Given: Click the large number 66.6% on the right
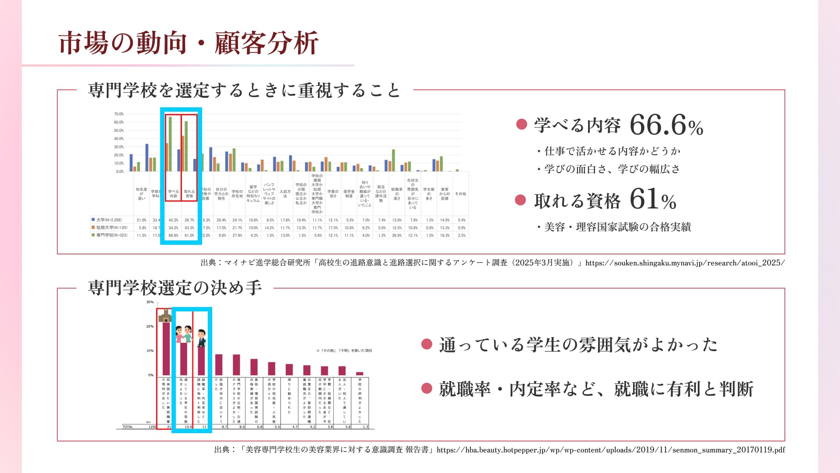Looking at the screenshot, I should point(666,125).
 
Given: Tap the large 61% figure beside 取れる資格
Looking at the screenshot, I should point(653,199).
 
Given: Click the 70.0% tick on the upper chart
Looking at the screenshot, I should point(119,114).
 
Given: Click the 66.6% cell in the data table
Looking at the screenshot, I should point(173,235).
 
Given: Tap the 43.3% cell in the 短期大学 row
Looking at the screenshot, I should point(189,228).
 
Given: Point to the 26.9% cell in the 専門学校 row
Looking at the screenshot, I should point(397,235).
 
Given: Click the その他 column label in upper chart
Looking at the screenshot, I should point(460,194).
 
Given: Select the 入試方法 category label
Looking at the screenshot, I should point(285,194).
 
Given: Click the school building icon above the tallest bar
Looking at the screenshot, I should point(165,315).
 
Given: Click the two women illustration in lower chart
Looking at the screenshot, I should point(184,334).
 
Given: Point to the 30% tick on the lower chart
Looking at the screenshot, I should point(150,302).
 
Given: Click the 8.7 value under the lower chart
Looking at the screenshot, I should point(224,427).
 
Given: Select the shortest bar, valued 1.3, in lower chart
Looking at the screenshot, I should point(360,374).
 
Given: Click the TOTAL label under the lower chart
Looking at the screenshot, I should point(128,427).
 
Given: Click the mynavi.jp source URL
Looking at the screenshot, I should point(685,263).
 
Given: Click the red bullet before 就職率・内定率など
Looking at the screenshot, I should point(427,388).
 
